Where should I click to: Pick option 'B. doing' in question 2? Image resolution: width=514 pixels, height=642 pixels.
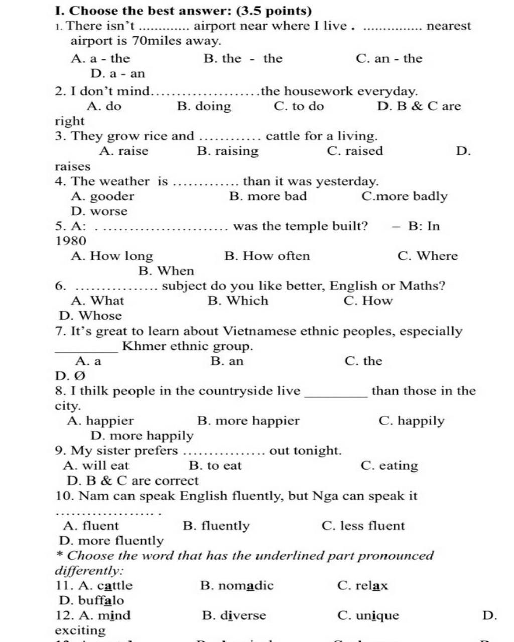point(204,106)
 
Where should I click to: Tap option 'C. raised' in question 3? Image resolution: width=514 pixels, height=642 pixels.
point(354,151)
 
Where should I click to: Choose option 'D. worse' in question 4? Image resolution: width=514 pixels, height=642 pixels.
point(99,211)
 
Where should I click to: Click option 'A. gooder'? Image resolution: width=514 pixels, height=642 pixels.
point(103,196)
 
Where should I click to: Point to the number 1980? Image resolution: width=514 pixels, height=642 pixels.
point(71,241)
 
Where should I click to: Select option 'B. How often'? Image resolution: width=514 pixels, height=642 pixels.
point(267,256)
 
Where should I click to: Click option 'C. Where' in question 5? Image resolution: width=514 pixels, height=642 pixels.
point(427,256)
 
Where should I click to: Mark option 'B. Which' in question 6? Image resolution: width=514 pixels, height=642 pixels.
point(237,301)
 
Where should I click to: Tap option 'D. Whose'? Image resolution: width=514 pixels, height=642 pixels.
point(90,316)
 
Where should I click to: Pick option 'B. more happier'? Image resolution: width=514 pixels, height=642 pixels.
point(248,421)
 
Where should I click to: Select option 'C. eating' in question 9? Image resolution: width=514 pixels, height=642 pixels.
point(389,466)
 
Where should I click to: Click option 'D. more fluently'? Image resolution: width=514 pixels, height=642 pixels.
point(111,541)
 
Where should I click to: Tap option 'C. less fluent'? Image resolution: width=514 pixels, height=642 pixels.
point(362,526)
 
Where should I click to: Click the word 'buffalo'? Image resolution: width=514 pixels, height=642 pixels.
point(101,600)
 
